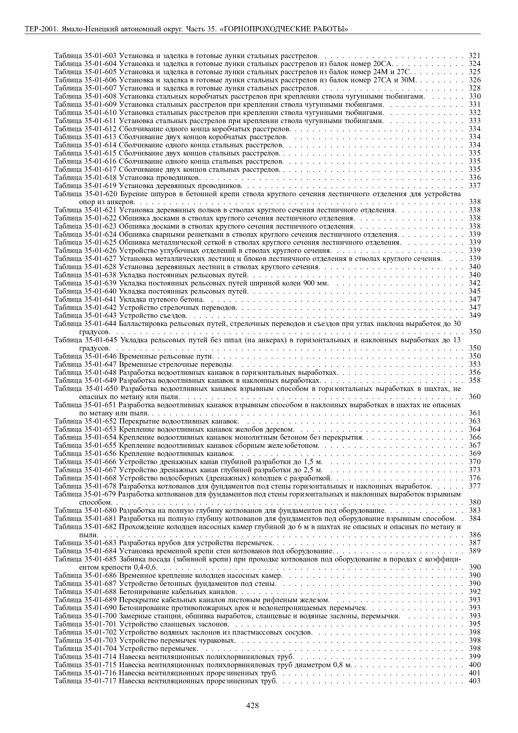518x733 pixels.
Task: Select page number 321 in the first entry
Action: point(475,56)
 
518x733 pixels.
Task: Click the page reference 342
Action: point(475,283)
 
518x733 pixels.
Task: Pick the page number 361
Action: point(475,413)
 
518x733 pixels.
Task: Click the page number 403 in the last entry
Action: point(475,681)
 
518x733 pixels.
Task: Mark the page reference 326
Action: point(475,80)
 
